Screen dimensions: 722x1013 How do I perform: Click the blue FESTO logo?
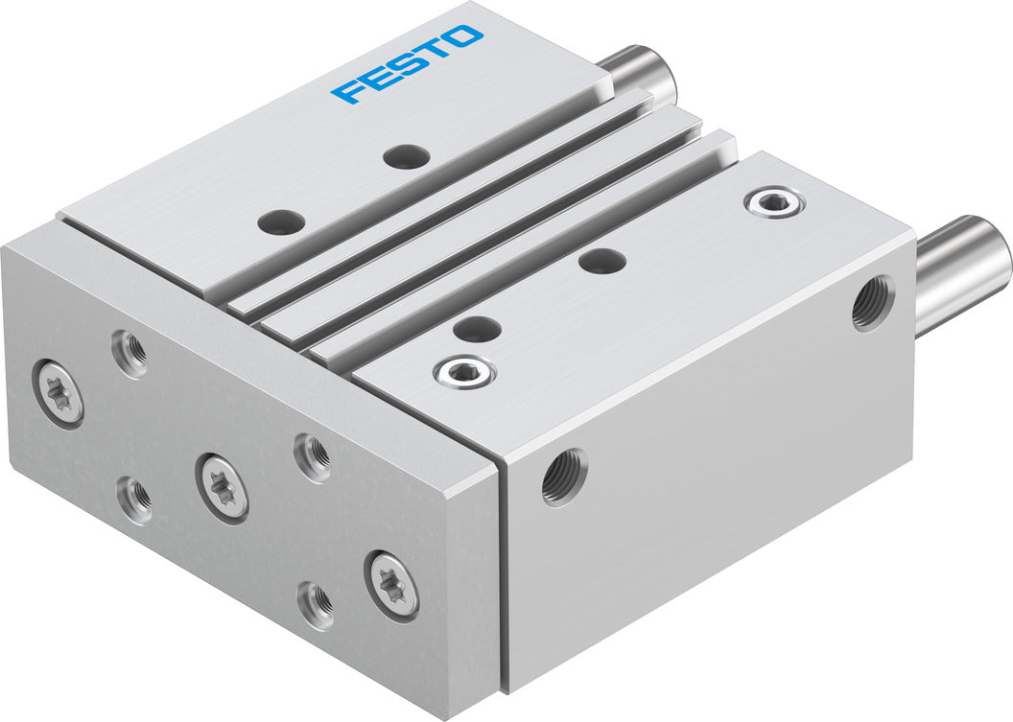[x=407, y=64]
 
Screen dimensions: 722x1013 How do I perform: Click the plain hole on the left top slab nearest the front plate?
[x=281, y=221]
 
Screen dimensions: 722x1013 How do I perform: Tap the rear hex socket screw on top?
[x=774, y=201]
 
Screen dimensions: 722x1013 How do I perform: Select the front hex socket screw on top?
[x=464, y=371]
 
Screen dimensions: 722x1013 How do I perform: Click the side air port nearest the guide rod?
[x=872, y=303]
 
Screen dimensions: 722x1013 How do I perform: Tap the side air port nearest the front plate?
[x=564, y=477]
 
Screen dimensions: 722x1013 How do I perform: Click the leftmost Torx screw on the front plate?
[x=59, y=391]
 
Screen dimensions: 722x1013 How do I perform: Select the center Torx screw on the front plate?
[x=223, y=486]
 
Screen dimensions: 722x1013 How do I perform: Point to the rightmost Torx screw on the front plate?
[x=392, y=584]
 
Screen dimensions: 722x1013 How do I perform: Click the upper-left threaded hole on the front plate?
[x=130, y=352]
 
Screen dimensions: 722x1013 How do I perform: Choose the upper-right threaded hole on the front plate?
[x=312, y=456]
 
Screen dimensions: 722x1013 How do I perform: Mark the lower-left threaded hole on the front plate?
[x=134, y=500]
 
